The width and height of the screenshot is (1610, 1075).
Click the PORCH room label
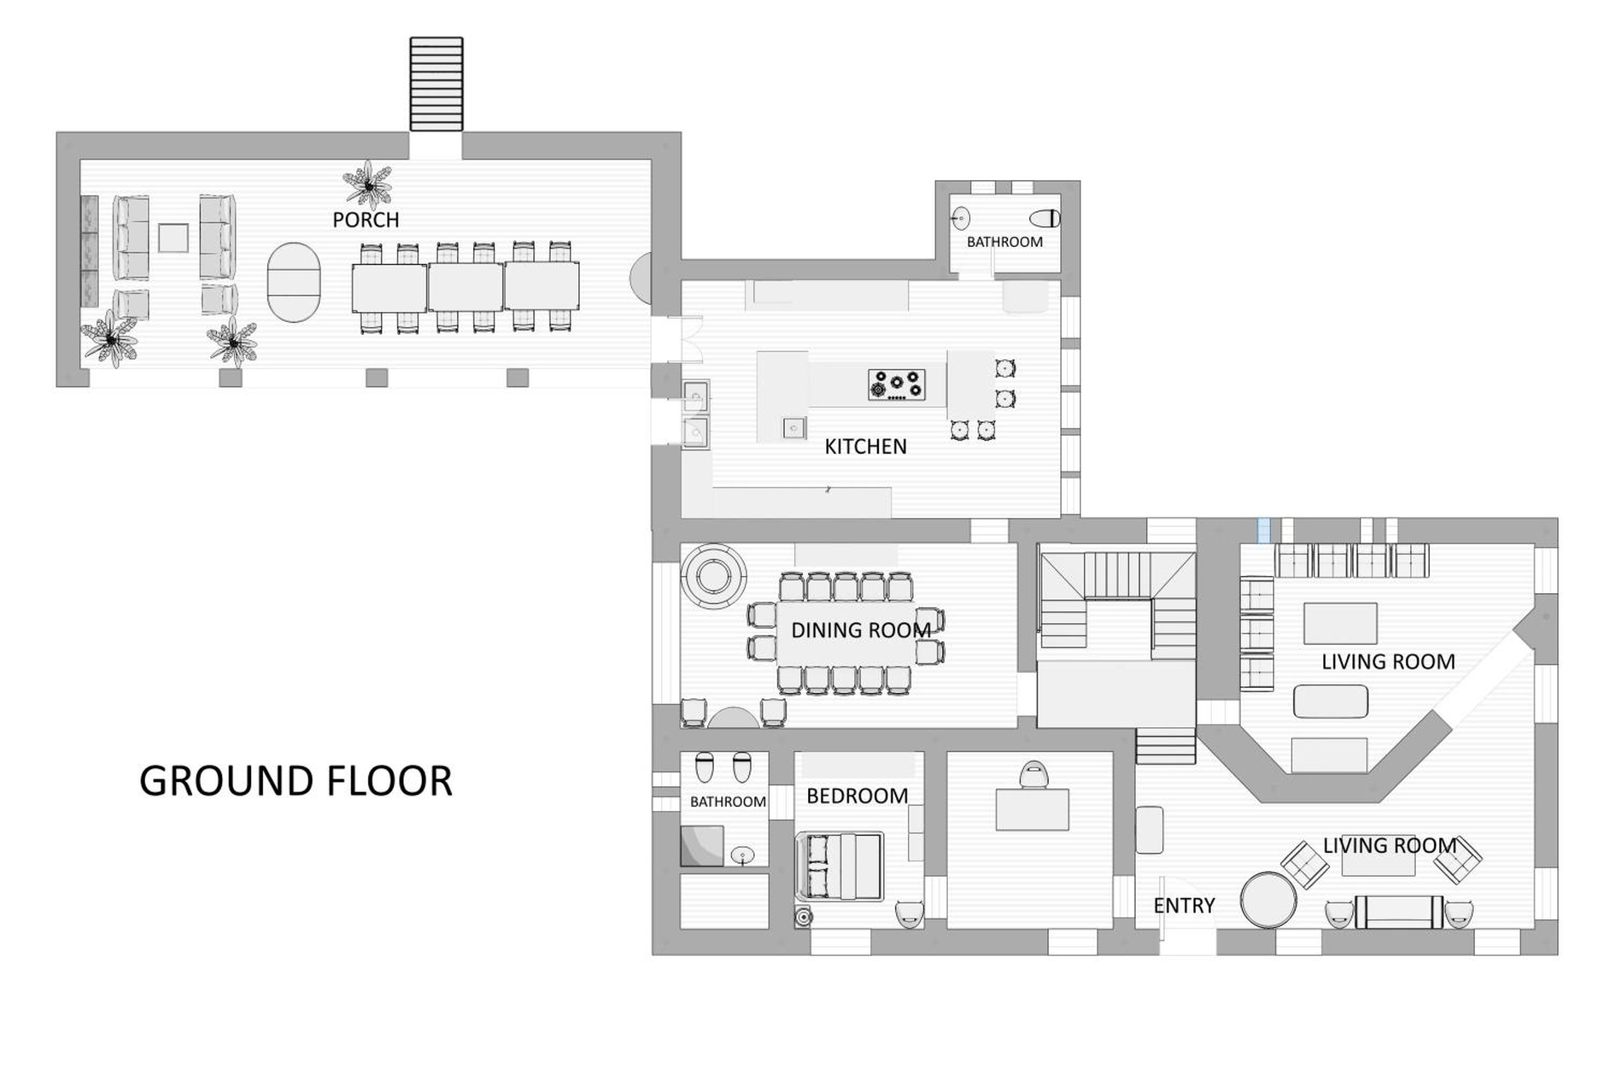click(365, 220)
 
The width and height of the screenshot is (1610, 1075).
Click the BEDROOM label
click(857, 796)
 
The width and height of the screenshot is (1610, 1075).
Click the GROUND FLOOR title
click(296, 781)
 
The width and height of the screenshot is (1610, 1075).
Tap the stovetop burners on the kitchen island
click(896, 385)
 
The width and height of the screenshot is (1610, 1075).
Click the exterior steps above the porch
click(436, 84)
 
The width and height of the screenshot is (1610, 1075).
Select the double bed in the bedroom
click(839, 866)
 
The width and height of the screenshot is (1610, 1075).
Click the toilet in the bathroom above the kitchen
click(1045, 219)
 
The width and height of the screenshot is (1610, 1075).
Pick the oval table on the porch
click(294, 283)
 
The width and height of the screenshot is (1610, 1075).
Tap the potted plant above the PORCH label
click(368, 185)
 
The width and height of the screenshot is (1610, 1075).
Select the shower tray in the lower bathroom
click(702, 845)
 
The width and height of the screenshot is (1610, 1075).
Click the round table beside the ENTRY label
click(1269, 900)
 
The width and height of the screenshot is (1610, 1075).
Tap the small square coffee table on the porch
click(173, 238)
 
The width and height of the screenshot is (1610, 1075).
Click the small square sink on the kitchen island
click(794, 429)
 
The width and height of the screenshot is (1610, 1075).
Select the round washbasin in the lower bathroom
click(743, 855)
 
